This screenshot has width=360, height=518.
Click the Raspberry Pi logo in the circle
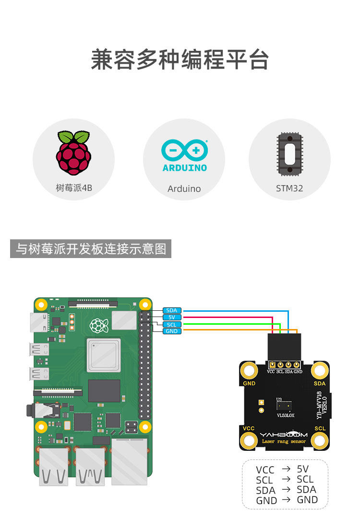(73, 153)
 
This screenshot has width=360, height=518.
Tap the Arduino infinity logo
(184, 151)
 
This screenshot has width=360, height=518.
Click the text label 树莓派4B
(74, 188)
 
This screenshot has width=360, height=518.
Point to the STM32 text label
(289, 188)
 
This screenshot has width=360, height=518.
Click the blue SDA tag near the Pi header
(171, 311)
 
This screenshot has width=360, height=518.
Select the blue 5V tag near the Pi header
(171, 318)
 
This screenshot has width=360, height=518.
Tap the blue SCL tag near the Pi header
(171, 324)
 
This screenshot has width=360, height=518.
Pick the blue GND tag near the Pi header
(171, 331)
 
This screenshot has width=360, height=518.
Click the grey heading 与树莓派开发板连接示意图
(91, 249)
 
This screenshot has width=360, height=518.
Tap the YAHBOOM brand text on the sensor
(284, 434)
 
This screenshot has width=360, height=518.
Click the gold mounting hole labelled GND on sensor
(249, 370)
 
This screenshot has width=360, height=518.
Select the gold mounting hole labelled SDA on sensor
(320, 370)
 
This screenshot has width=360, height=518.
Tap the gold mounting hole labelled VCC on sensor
(249, 440)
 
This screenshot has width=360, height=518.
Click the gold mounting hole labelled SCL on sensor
(320, 440)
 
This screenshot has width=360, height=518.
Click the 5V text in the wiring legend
(303, 469)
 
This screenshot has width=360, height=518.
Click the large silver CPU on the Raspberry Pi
(103, 354)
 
